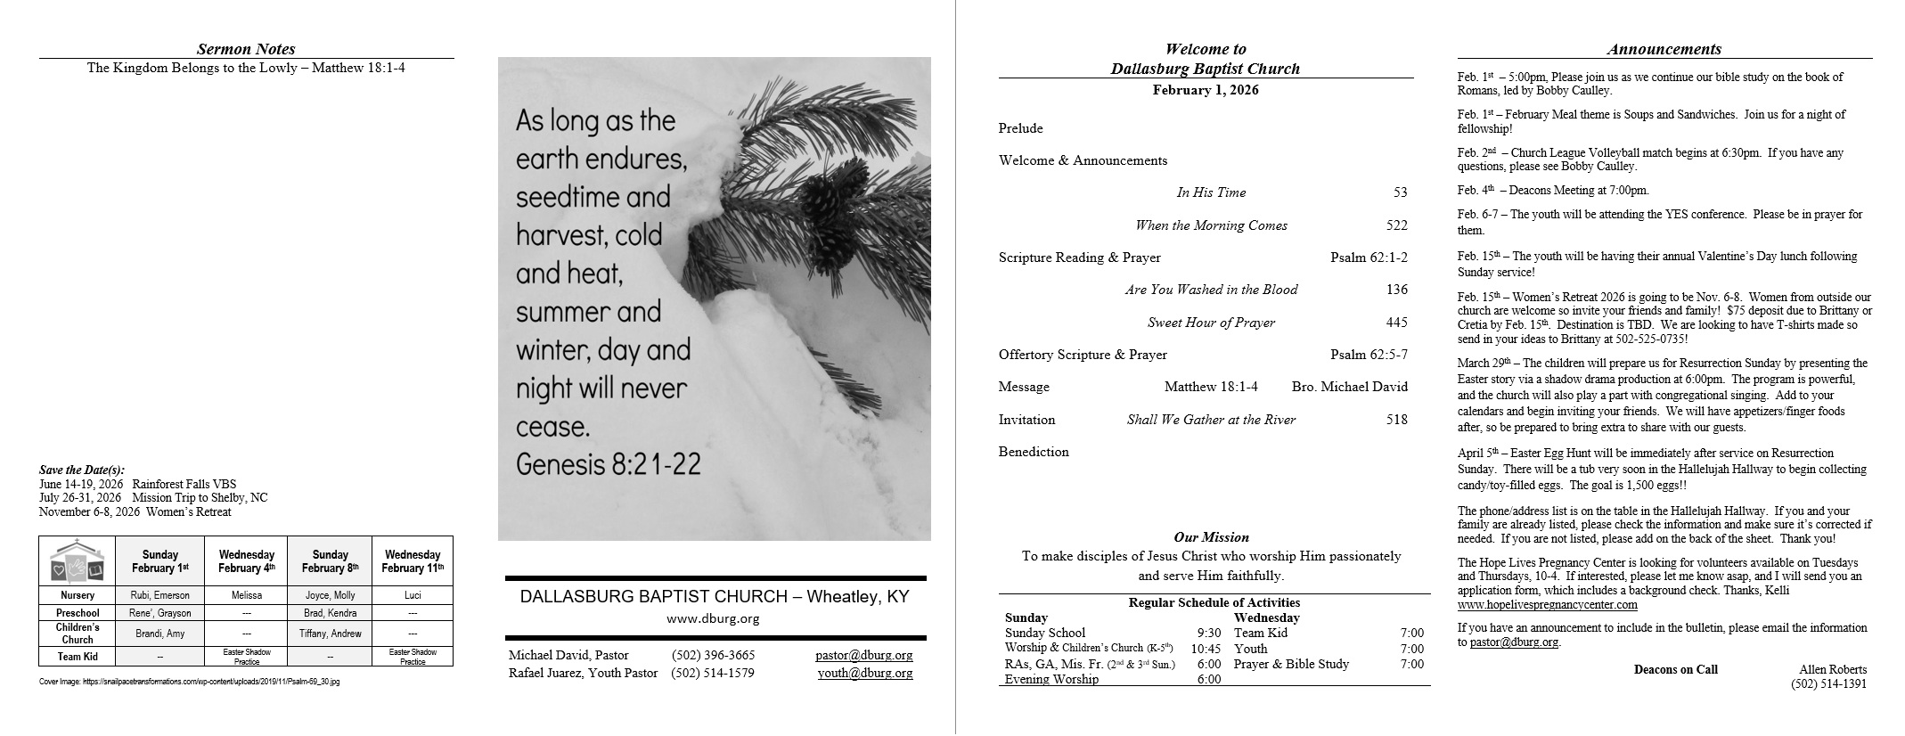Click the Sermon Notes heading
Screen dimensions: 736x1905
[x=246, y=50]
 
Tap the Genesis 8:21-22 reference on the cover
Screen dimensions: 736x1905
[x=608, y=464]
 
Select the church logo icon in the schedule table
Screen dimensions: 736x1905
[x=77, y=560]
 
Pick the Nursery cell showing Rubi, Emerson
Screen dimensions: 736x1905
[x=160, y=595]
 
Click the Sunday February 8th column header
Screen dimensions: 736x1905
[x=330, y=560]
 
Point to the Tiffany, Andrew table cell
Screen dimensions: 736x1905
[x=330, y=634]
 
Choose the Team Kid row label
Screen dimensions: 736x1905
[x=78, y=657]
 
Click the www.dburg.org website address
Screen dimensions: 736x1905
[x=713, y=618]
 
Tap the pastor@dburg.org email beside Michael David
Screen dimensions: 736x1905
[x=863, y=655]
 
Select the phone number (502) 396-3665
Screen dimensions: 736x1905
[x=713, y=655]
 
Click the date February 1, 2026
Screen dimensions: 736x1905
[x=1205, y=90]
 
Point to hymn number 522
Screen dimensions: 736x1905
[x=1396, y=225]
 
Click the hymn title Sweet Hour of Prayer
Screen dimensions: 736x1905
[x=1211, y=323]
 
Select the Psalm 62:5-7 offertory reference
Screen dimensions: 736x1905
[x=1369, y=355]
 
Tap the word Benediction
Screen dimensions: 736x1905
[x=1034, y=452]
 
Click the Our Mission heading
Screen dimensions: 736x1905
[x=1211, y=537]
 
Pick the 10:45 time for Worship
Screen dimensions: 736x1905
[x=1206, y=649]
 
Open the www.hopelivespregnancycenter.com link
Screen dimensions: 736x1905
[x=1547, y=605]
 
